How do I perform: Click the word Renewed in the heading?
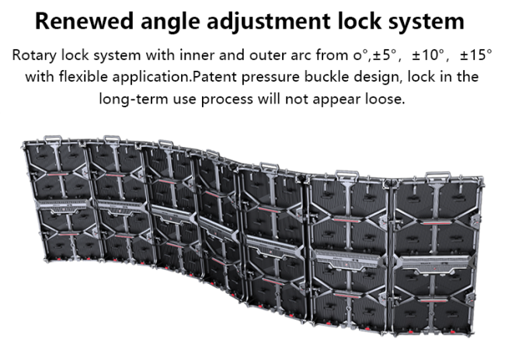click(84, 21)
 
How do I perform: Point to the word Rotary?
click(34, 55)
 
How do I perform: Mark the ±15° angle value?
click(476, 54)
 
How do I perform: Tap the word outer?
click(268, 55)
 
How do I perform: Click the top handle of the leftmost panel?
click(53, 139)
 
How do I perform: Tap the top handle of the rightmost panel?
click(437, 176)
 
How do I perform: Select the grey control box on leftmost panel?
click(63, 205)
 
